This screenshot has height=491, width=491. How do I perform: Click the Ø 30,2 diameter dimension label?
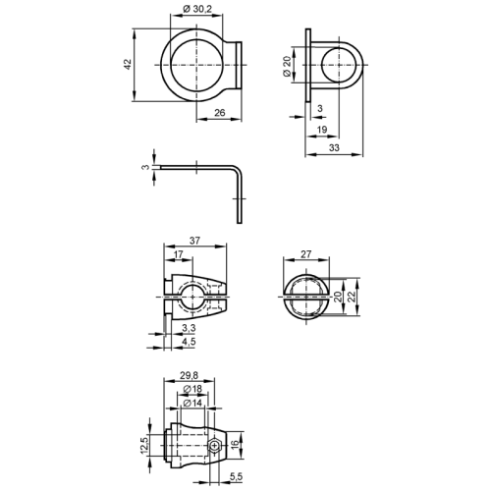click(x=197, y=9)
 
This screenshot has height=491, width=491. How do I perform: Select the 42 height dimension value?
click(x=127, y=64)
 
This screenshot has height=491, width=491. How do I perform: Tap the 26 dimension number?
click(x=220, y=113)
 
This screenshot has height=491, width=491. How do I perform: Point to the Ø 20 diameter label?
click(x=287, y=66)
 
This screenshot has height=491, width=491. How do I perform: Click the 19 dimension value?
click(x=322, y=130)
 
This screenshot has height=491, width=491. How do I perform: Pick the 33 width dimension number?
click(x=334, y=148)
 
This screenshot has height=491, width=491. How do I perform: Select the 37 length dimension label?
click(x=194, y=241)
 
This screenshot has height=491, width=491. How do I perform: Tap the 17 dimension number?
click(x=178, y=254)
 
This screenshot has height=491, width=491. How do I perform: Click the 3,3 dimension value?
click(x=189, y=327)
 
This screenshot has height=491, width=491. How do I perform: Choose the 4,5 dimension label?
click(x=189, y=342)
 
